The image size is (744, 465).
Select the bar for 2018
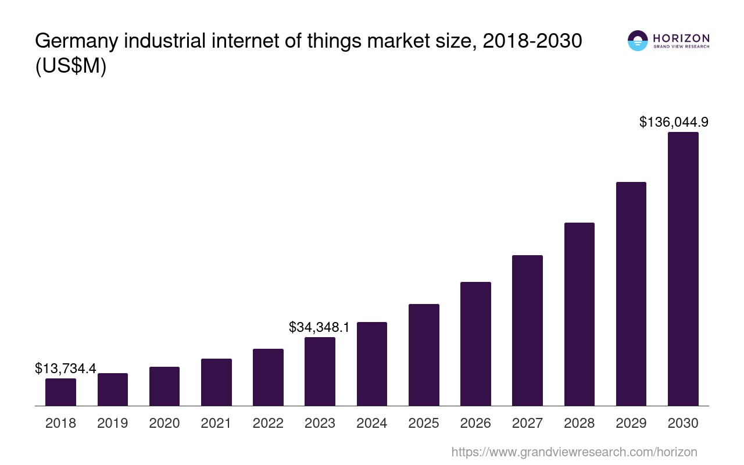[60, 392]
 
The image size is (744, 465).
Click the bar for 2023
[320, 371]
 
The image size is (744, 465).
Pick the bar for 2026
[475, 344]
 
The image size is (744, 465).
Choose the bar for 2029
[631, 294]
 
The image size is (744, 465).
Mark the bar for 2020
[164, 386]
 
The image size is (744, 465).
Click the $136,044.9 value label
[674, 122]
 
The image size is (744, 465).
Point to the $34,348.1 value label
[319, 327]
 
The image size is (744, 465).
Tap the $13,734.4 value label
[66, 369]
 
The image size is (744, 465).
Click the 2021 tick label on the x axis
[216, 423]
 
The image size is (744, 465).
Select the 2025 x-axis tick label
[424, 423]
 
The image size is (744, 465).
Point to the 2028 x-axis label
[580, 423]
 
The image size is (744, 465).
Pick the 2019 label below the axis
[113, 423]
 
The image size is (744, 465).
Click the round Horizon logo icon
[638, 41]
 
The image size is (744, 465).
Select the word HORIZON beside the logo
[681, 38]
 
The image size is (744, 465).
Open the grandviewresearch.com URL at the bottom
[574, 452]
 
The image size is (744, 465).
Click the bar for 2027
[527, 330]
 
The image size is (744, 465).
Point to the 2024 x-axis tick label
[372, 423]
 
